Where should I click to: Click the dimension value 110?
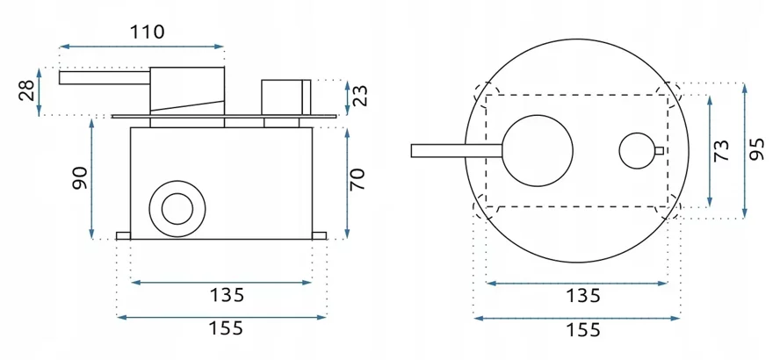pos(147,32)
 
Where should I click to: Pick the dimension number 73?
pos(722,150)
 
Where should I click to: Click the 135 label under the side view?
pos(220,295)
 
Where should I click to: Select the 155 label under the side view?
pos(220,330)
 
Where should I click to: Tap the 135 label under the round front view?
pos(579,295)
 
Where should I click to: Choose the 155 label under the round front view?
pos(579,331)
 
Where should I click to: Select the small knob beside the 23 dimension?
pos(285,95)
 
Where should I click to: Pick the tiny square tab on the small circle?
pos(659,150)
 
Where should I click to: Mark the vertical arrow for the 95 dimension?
pos(745,150)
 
